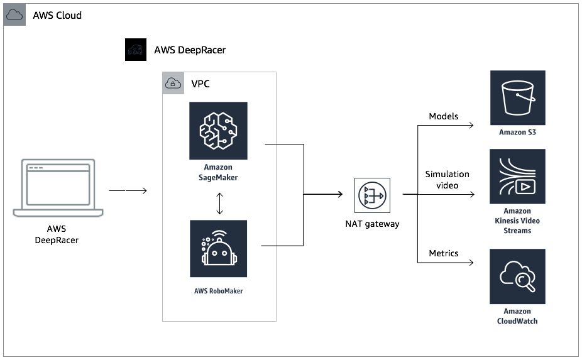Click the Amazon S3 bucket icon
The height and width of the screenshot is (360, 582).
(517, 98)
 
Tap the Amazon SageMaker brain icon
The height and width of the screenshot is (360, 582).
(218, 131)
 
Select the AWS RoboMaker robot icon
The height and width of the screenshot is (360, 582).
(218, 249)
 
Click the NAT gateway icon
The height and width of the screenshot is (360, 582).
(372, 195)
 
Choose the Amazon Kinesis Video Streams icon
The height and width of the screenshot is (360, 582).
(517, 177)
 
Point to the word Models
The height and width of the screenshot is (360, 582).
(444, 116)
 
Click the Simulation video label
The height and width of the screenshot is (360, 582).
(447, 180)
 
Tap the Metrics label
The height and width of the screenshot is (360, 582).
(444, 253)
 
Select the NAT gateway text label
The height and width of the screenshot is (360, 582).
(372, 224)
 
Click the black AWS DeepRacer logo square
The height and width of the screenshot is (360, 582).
(136, 50)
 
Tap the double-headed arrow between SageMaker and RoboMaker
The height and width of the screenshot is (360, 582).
(218, 204)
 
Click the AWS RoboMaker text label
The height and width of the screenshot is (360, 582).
(218, 291)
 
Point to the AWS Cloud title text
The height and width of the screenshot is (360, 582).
(57, 15)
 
